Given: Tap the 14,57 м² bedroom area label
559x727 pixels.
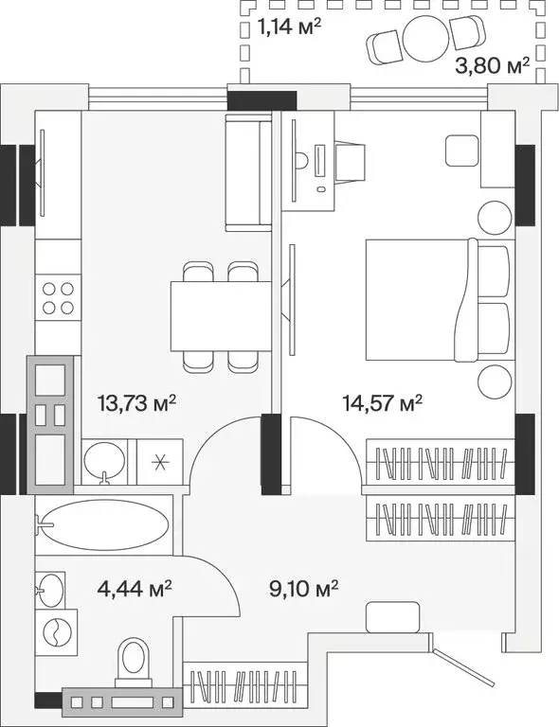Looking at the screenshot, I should (382, 404).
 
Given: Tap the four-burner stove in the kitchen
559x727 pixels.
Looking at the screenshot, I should (56, 298).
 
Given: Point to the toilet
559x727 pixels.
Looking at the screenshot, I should (133, 661).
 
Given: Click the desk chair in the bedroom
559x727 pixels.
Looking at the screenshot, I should (351, 163).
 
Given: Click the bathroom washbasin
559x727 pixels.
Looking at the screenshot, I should (52, 589).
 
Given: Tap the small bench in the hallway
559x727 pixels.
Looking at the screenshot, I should (390, 616).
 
